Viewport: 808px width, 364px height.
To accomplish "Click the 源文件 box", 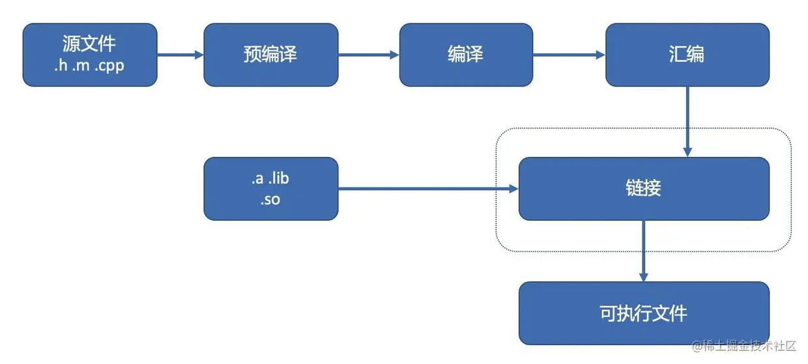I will [x=90, y=55].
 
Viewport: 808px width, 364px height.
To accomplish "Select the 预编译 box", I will [x=270, y=55].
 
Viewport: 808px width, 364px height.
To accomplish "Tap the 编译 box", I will [x=465, y=55].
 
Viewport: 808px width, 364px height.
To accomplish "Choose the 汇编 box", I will [x=686, y=55].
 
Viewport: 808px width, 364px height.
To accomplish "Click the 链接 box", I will [x=643, y=189].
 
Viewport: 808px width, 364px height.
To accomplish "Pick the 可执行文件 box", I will [x=643, y=313].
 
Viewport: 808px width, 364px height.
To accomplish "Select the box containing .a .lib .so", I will [x=270, y=189].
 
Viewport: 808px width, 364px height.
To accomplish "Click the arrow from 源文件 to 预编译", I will [x=180, y=55].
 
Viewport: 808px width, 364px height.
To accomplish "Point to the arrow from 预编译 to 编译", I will [x=369, y=55].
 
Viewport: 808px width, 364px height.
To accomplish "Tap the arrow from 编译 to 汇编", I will [x=569, y=55].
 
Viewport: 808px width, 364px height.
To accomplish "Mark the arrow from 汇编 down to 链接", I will [x=687, y=121].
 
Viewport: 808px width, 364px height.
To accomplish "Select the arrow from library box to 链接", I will [x=428, y=189].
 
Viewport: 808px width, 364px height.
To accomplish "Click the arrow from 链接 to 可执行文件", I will [x=643, y=251].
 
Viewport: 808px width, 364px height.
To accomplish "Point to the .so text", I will [x=270, y=200].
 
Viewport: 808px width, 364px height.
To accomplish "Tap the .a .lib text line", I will [x=270, y=179].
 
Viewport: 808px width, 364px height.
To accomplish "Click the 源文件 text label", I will [x=90, y=44].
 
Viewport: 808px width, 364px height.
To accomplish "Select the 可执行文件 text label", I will [x=643, y=313].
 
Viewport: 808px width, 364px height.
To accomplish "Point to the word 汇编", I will [x=686, y=55].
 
